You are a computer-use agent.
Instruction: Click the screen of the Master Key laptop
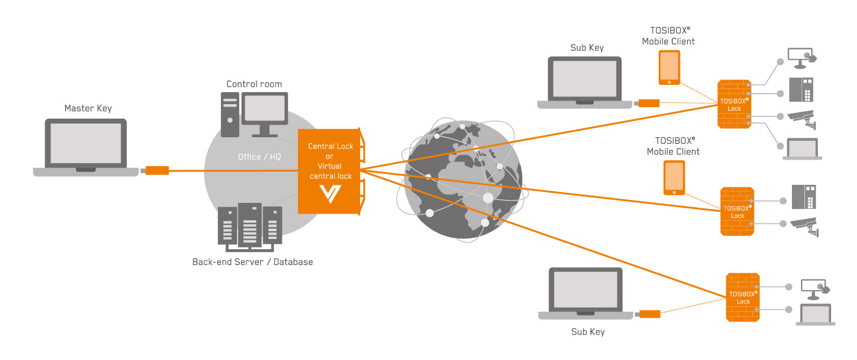86,144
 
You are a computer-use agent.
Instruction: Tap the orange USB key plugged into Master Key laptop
157,170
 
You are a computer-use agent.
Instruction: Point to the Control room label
254,84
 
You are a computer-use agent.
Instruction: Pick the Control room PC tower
229,114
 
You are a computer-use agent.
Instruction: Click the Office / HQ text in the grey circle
260,157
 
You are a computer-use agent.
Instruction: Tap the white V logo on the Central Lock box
330,193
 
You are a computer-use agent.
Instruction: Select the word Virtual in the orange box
329,166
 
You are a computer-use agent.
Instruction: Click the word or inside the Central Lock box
329,157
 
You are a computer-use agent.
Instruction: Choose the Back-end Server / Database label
252,262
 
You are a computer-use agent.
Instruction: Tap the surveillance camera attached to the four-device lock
804,119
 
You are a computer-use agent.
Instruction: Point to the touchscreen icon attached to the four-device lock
803,57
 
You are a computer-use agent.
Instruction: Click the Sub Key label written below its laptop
588,332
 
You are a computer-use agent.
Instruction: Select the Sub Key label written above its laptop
587,48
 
